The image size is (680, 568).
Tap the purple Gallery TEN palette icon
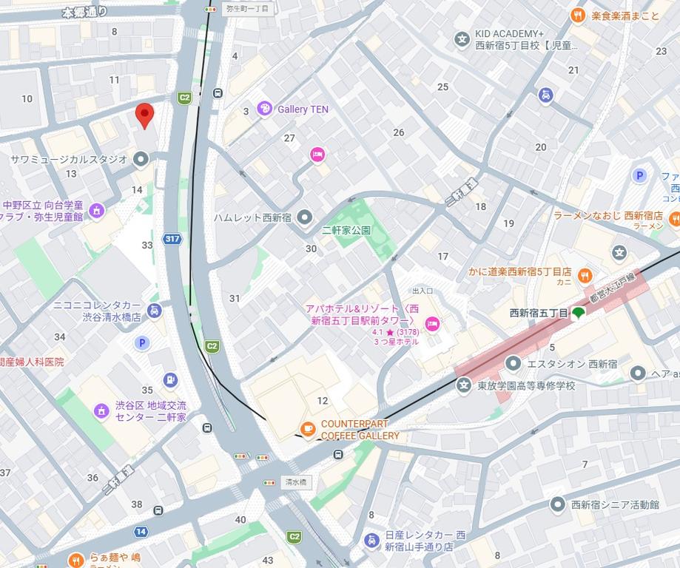264,109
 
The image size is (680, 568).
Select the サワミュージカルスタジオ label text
69,159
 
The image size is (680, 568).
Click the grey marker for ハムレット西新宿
305,217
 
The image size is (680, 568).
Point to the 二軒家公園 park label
346,231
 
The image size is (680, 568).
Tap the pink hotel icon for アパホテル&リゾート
432,323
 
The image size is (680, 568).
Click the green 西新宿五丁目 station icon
578,313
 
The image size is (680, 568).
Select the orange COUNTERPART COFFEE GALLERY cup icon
308,428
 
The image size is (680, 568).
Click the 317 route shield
172,239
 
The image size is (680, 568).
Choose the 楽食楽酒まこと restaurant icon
578,16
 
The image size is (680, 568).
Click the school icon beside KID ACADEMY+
462,39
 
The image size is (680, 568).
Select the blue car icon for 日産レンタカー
372,541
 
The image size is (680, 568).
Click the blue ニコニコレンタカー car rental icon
154,311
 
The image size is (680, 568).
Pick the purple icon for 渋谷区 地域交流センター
101,410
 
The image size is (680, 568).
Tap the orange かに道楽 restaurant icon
585,277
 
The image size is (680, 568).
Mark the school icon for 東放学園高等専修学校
463,385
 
